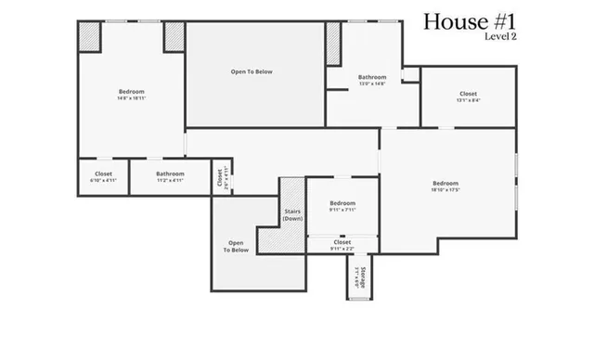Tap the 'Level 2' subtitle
pyautogui.click(x=499, y=38)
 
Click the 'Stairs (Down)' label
pyautogui.click(x=292, y=215)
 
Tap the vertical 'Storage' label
pyautogui.click(x=358, y=278)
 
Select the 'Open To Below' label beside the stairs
pyautogui.click(x=236, y=247)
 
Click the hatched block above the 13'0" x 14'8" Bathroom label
pyautogui.click(x=333, y=43)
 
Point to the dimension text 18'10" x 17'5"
pyautogui.click(x=445, y=190)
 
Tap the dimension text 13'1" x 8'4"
pyautogui.click(x=468, y=101)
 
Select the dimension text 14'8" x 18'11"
pyautogui.click(x=132, y=96)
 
